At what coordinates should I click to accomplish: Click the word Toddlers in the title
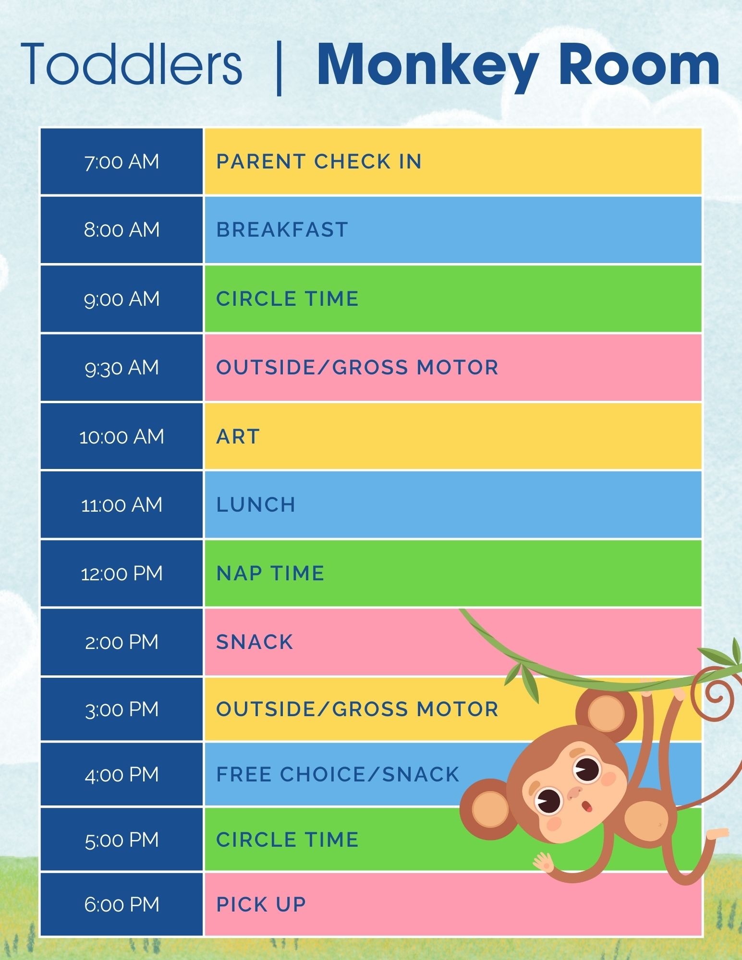pyautogui.click(x=132, y=64)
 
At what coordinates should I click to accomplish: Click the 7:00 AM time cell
pyautogui.click(x=122, y=162)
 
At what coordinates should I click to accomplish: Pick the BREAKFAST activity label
pyautogui.click(x=282, y=230)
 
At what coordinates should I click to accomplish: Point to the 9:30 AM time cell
pyautogui.click(x=122, y=368)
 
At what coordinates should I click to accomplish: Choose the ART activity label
pyautogui.click(x=238, y=436)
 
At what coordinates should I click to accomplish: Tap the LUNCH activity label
pyautogui.click(x=256, y=505)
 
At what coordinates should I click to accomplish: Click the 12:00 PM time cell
pyautogui.click(x=122, y=574)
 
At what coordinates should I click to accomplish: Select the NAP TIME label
pyautogui.click(x=270, y=574)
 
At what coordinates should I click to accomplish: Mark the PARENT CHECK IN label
pyautogui.click(x=319, y=162)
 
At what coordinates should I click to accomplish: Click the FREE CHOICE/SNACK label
pyautogui.click(x=338, y=774)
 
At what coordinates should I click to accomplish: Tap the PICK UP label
pyautogui.click(x=261, y=904)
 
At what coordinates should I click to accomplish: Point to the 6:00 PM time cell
pyautogui.click(x=122, y=904)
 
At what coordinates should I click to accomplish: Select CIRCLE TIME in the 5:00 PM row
pyautogui.click(x=288, y=840)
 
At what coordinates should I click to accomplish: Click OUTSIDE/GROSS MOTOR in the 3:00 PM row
pyautogui.click(x=357, y=709)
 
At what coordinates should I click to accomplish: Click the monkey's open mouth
pyautogui.click(x=587, y=806)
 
